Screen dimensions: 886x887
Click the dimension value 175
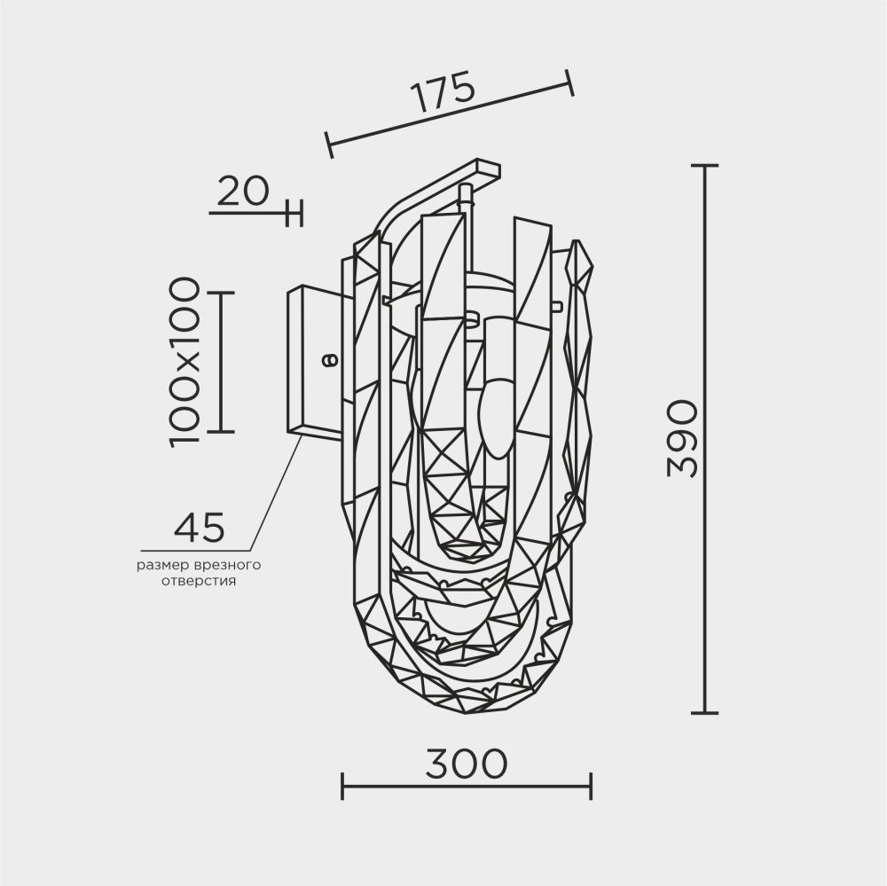click(443, 92)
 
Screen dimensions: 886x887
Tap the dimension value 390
click(683, 438)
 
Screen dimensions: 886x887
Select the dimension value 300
click(465, 763)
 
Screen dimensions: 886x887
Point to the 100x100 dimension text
click(184, 361)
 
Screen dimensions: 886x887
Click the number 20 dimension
click(242, 191)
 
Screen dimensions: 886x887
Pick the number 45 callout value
click(200, 528)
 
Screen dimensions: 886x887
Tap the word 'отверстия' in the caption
click(198, 582)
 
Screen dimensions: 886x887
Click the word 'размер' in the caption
click(161, 565)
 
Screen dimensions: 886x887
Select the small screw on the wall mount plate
click(328, 360)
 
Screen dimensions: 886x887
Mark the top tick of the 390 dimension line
click(704, 166)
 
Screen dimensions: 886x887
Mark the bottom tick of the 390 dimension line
click(704, 712)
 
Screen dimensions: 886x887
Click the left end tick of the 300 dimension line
click(343, 785)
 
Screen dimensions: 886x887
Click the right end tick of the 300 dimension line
click(591, 785)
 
